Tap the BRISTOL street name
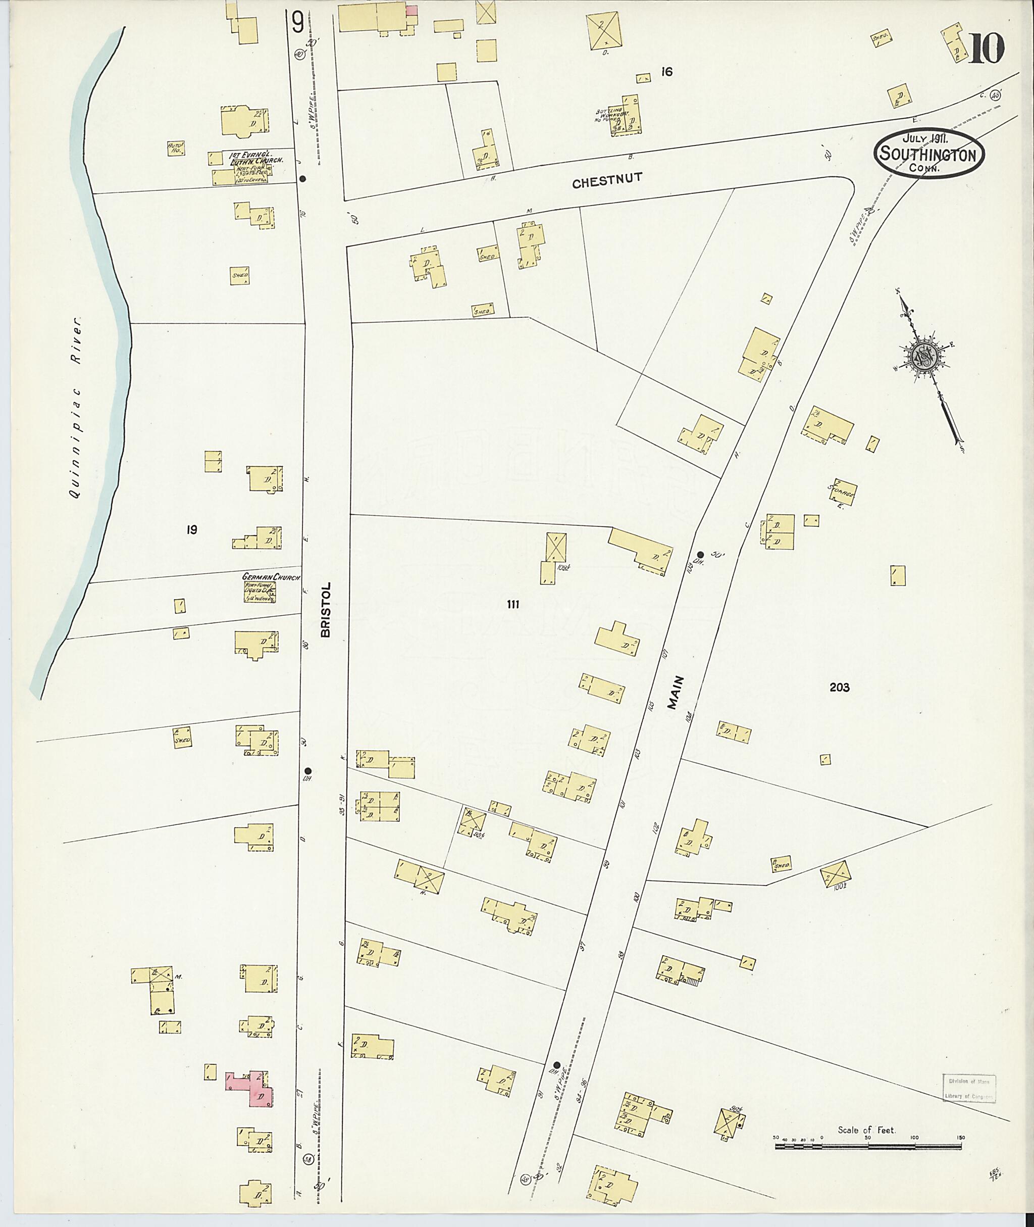tap(326, 609)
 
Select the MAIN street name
tap(678, 693)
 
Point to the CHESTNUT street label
tap(607, 182)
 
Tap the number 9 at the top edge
tap(298, 23)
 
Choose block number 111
tap(513, 604)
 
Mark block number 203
tap(840, 688)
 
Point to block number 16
tap(666, 72)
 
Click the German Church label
tap(264, 577)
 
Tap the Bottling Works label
tap(609, 116)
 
